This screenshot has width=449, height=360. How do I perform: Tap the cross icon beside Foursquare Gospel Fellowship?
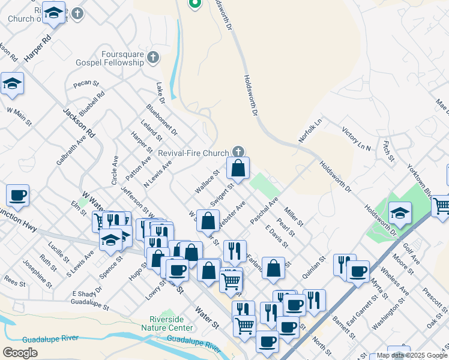153,58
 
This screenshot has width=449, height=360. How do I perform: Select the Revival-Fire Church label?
193,153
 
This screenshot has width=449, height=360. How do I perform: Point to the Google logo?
20,353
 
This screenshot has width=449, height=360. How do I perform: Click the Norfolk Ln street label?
310,130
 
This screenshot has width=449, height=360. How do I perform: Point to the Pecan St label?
86,83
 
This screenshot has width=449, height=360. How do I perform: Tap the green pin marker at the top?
194,4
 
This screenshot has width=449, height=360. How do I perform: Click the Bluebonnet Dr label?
161,119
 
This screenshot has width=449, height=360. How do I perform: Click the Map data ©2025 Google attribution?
411,355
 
